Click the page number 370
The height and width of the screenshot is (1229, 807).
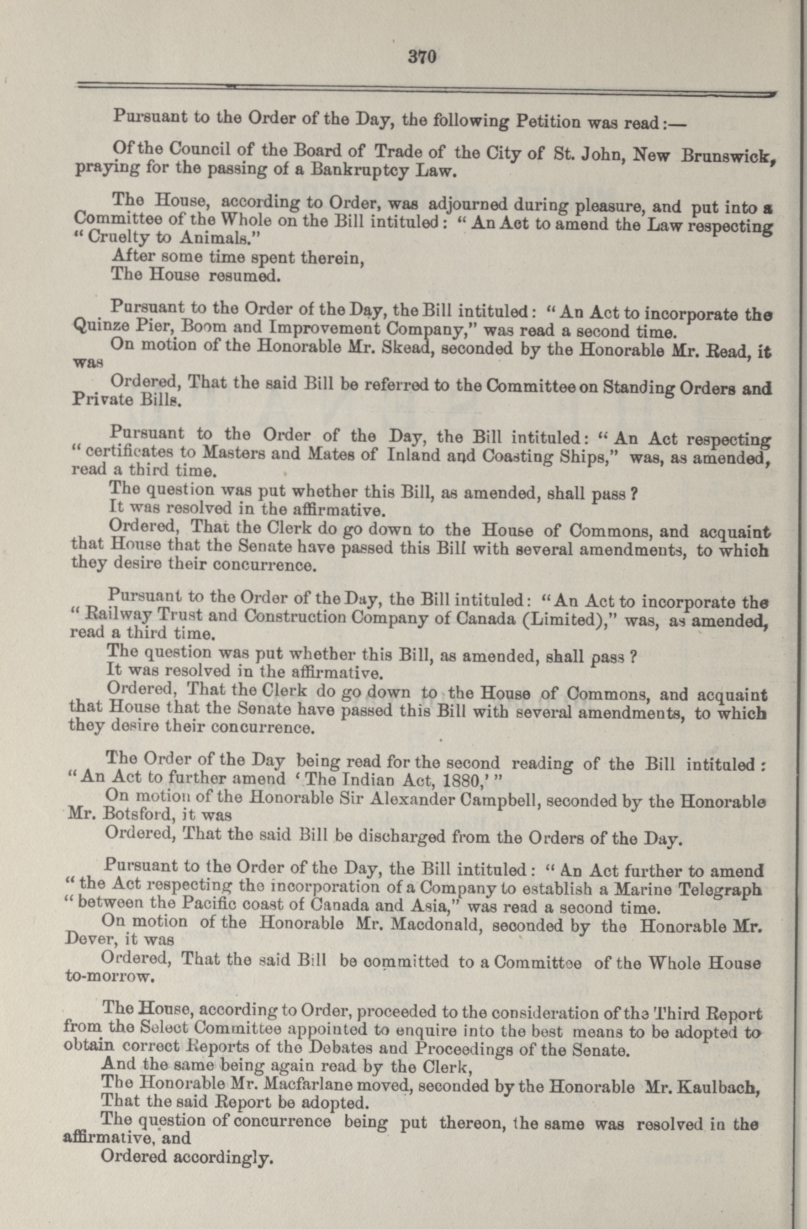[x=422, y=56]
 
